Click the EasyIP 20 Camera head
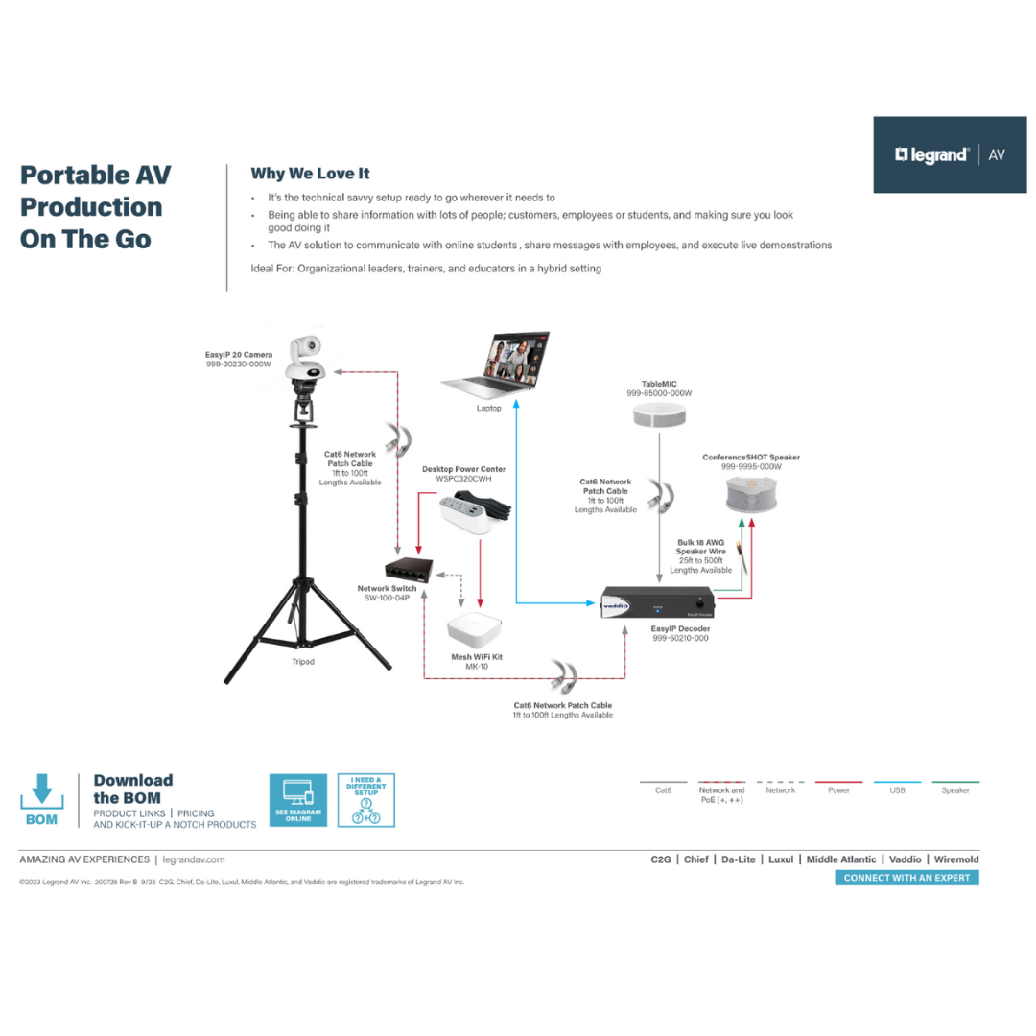pos(308,356)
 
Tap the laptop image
pos(497,365)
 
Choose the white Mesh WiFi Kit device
pos(475,627)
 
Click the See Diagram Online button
pos(298,800)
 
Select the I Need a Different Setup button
pos(365,800)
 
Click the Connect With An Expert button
pos(906,878)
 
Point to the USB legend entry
pos(897,790)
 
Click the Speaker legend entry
pos(955,790)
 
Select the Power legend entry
pos(838,790)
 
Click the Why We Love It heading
pos(310,174)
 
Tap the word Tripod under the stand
pos(303,662)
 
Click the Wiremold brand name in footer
pos(956,859)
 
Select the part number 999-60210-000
pos(680,637)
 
